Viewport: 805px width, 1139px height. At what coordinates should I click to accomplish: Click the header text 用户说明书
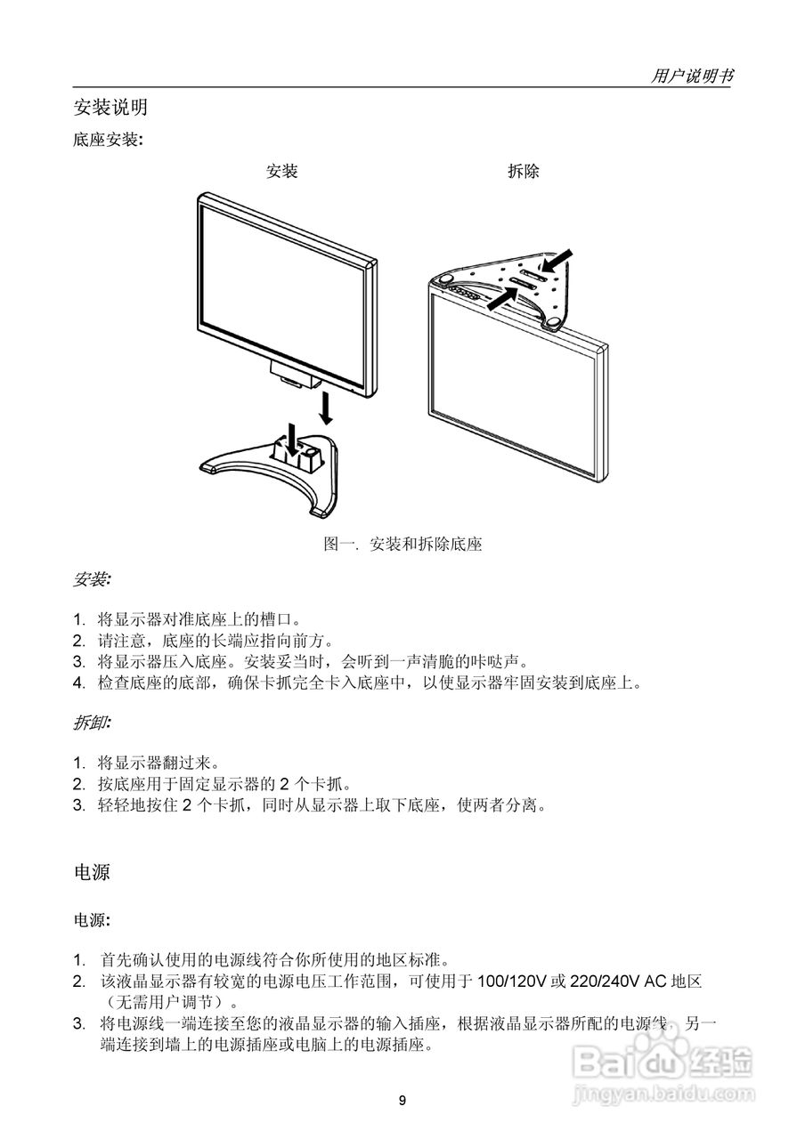[692, 77]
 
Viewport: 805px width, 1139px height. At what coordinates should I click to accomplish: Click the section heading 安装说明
[110, 108]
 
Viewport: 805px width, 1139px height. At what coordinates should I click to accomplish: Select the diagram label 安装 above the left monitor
[282, 171]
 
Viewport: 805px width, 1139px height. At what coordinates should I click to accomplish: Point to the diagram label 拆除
[523, 171]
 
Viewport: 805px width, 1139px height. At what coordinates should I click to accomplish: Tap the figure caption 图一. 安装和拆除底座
[402, 544]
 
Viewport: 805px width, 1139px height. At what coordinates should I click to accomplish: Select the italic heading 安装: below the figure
[92, 580]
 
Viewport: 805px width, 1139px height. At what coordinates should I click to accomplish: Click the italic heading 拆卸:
[92, 723]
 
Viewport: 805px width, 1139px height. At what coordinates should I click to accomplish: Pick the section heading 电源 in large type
[92, 872]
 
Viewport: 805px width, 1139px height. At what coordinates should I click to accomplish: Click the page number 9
[402, 1101]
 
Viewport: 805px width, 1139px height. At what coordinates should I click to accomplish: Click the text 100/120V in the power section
[513, 981]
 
